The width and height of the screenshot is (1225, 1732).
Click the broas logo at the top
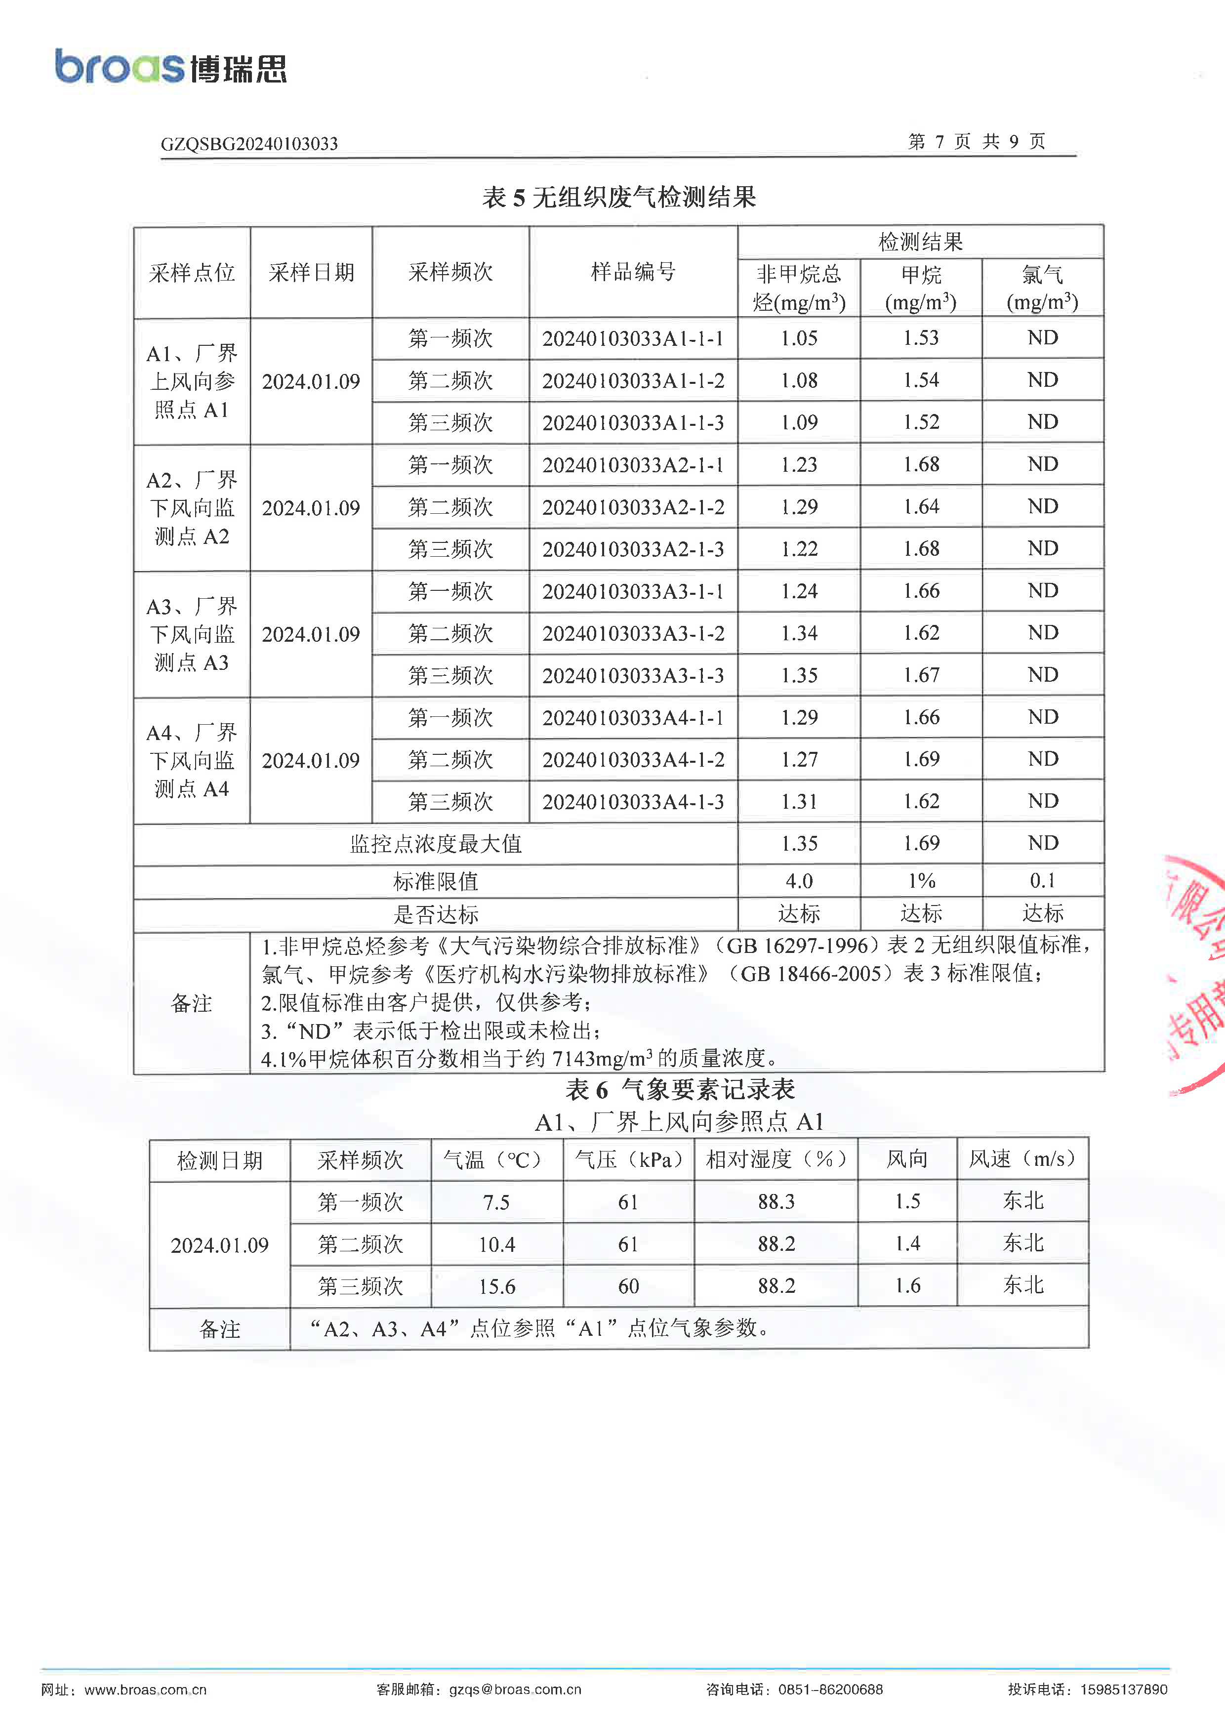(x=170, y=66)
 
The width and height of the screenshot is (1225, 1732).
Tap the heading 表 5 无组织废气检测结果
(x=618, y=198)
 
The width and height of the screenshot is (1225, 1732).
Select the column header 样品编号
(x=633, y=272)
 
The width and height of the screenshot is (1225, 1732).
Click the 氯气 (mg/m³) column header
(x=1042, y=288)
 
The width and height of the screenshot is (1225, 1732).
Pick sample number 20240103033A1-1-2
(x=633, y=381)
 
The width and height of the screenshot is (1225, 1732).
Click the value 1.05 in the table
(x=799, y=339)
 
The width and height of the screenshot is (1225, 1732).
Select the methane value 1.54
(x=921, y=381)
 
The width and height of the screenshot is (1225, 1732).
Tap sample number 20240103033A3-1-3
(x=633, y=676)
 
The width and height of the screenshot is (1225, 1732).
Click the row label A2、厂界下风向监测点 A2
(x=192, y=508)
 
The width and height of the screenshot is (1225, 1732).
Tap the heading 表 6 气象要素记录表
(x=680, y=1089)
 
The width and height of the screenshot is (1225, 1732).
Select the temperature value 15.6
(x=496, y=1287)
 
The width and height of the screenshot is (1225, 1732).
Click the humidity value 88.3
(x=776, y=1202)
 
